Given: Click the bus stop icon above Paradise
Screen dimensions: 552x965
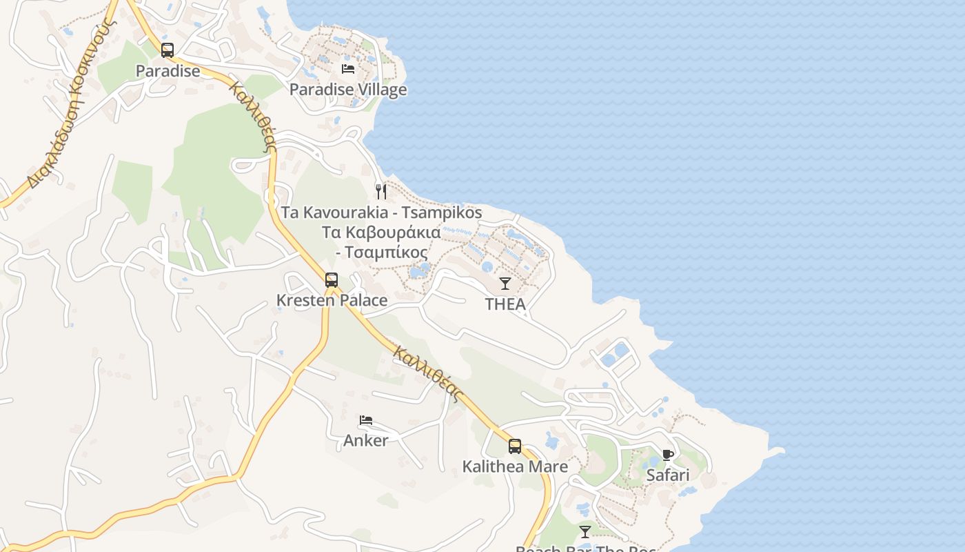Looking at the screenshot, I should tap(167, 50).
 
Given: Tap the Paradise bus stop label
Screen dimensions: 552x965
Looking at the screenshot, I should tap(167, 70).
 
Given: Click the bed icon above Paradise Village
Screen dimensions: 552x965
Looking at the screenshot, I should tap(348, 68).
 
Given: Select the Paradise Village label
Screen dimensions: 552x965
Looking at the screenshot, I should tap(348, 90).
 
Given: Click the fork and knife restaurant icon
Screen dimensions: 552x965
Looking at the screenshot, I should tap(381, 191).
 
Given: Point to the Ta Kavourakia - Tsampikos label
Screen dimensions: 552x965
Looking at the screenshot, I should tap(381, 213).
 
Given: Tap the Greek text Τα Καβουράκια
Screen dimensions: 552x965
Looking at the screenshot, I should tap(381, 232).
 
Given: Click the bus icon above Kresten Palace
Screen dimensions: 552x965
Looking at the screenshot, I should tap(332, 279).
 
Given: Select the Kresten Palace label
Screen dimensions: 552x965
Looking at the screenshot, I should tap(332, 301).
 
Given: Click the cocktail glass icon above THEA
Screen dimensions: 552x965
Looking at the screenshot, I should tap(505, 283).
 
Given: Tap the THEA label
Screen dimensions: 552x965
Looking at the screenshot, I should tap(505, 304).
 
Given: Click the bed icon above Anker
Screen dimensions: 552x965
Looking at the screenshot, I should tap(366, 420).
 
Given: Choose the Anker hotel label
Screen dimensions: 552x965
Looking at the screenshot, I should tap(366, 440).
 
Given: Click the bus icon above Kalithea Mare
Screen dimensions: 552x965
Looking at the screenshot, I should tap(515, 446).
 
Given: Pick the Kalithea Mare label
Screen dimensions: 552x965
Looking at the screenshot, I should tap(515, 467).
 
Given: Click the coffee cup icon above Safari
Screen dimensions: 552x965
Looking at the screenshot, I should tap(667, 454).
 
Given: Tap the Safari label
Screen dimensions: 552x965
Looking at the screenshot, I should tap(667, 475).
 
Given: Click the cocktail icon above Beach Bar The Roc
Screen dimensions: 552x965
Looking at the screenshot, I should tap(585, 531).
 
